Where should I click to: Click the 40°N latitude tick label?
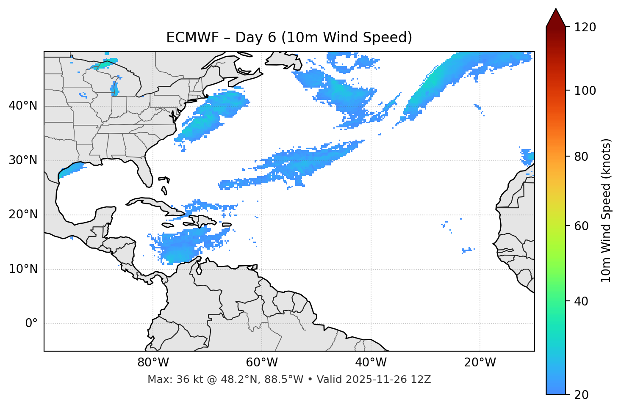[x=23, y=106]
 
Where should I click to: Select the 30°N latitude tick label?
[x=23, y=160]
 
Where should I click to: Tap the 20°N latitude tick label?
[x=23, y=215]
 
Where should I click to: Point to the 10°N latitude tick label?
[x=23, y=269]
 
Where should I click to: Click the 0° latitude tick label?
[x=31, y=324]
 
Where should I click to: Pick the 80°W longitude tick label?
[x=153, y=363]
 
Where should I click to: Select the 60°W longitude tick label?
[x=262, y=363]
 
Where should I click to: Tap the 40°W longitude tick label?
[x=371, y=363]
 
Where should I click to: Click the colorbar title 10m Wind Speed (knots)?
[x=606, y=210]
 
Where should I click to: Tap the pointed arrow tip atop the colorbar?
[x=556, y=9]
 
